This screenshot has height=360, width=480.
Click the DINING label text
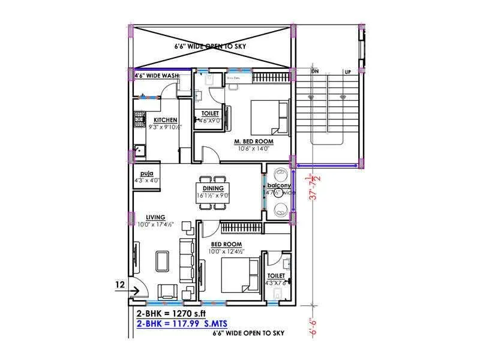[213, 188]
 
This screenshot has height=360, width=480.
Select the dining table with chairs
[213, 191]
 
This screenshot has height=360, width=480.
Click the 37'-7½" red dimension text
[310, 187]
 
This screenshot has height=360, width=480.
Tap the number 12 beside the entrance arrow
[119, 284]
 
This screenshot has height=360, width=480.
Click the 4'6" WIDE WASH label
[157, 76]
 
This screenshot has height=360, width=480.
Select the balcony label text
[279, 186]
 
